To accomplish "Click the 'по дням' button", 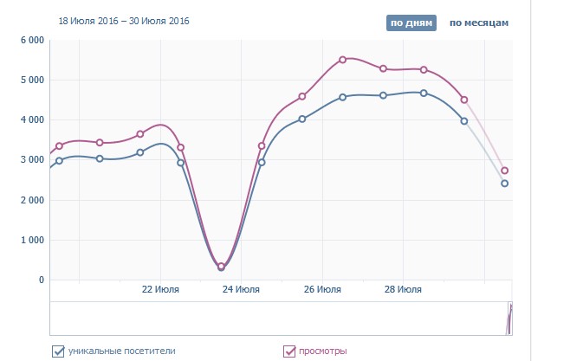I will click(x=410, y=23).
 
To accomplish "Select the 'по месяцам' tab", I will click(x=479, y=23).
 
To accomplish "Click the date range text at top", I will click(x=124, y=20).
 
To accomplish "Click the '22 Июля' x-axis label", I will click(x=160, y=290).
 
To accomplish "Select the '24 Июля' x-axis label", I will click(x=241, y=290).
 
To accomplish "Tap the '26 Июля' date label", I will click(x=321, y=290).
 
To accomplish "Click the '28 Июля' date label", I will click(x=403, y=290).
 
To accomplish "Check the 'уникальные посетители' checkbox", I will click(x=59, y=351).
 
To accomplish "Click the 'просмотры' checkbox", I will click(x=290, y=351).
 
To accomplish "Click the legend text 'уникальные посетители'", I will click(x=122, y=351).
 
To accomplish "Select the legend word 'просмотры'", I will click(x=324, y=351).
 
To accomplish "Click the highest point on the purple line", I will click(x=342, y=60).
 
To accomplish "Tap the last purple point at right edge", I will click(x=505, y=171).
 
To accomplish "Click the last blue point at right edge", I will click(x=505, y=184).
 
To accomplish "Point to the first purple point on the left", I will click(x=59, y=146).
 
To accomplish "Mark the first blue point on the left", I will click(x=59, y=161).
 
